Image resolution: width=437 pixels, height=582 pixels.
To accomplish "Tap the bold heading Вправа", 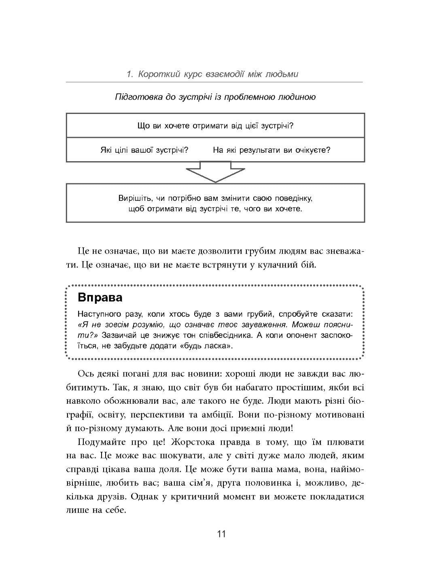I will [100, 298].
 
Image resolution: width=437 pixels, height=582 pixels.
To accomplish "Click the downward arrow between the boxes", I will [215, 172].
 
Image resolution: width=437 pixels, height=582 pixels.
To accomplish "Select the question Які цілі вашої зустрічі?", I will [144, 150].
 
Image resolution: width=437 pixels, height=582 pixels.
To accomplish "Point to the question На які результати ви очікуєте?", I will [272, 150].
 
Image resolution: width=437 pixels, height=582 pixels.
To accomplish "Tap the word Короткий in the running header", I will [155, 74].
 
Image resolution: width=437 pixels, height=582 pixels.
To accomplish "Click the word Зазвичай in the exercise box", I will [119, 335].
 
